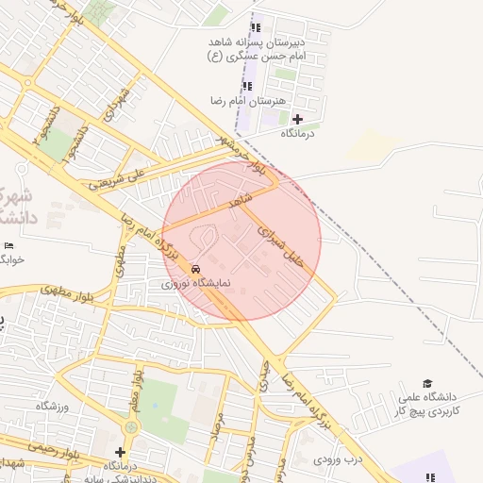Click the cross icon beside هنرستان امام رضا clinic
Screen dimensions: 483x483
coord(298,119)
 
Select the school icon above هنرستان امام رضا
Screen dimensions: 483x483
coord(247,86)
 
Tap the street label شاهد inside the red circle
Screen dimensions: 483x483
coord(241,202)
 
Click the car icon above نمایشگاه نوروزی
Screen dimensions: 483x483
coord(195,267)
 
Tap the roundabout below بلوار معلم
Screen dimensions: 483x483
coord(131,428)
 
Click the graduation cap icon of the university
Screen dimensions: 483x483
coord(427,384)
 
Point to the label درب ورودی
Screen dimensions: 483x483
coord(340,458)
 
